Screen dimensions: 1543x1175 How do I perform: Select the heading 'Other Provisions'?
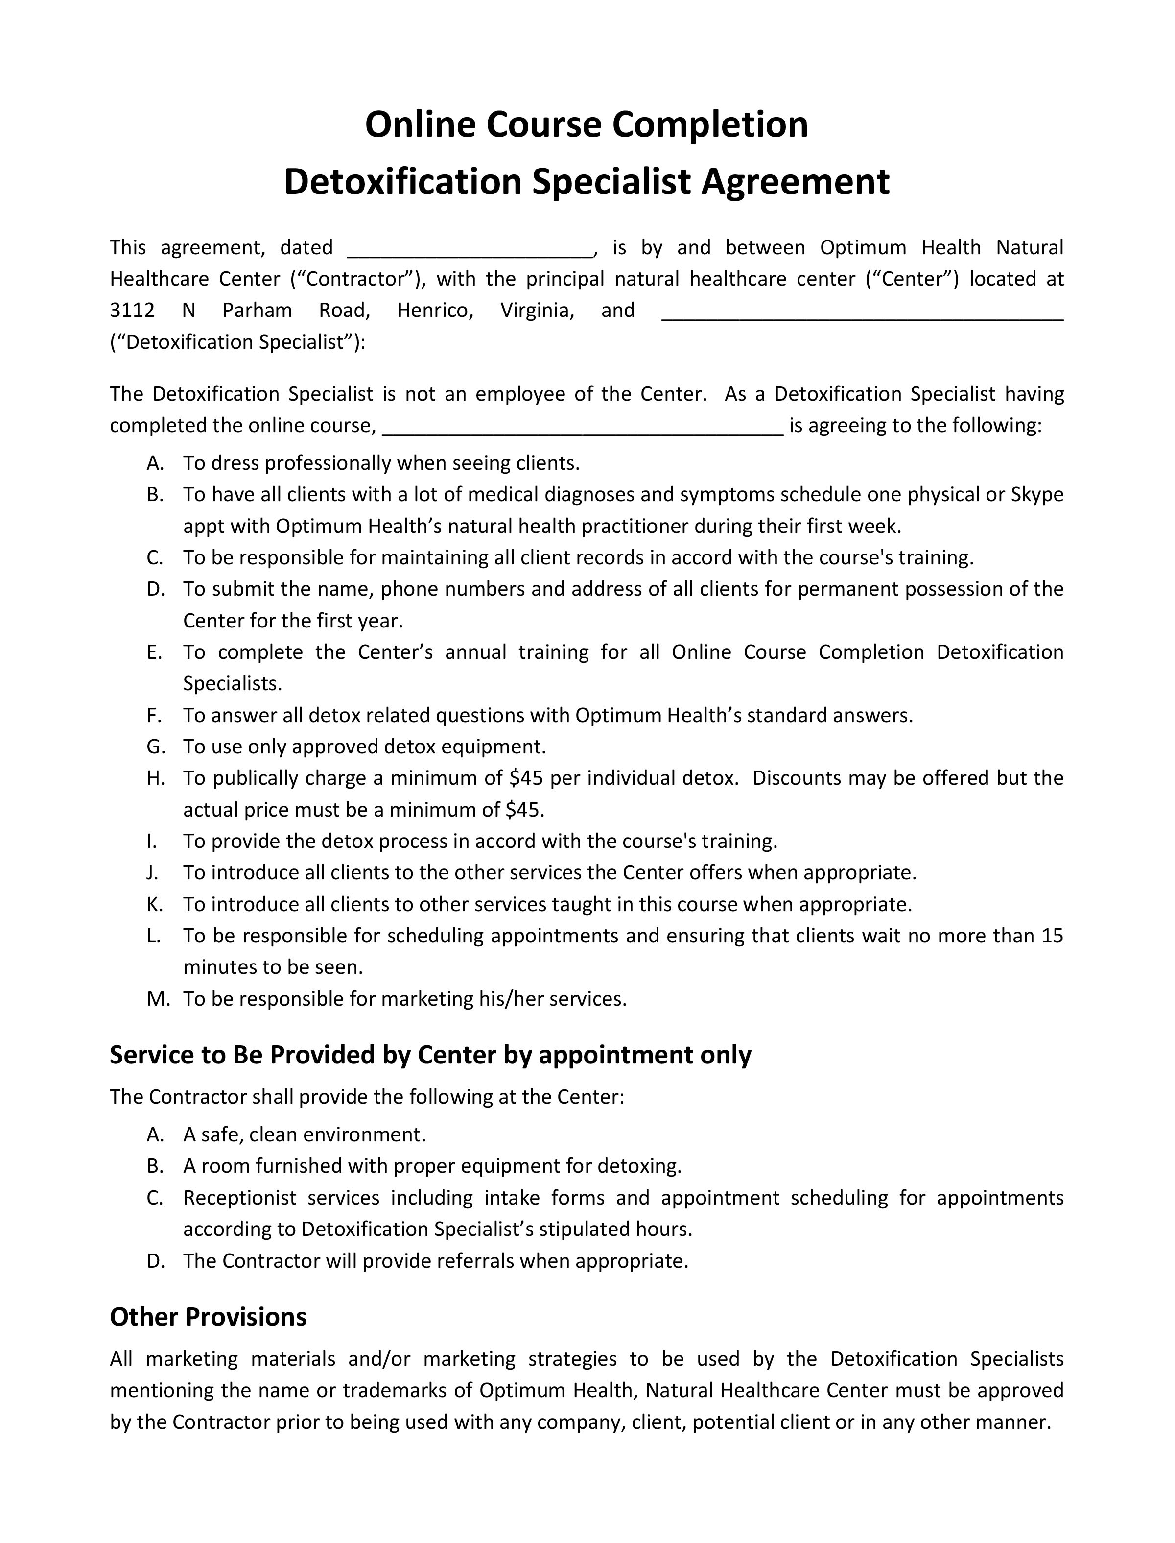pos(208,1317)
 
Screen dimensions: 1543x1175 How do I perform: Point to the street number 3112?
pos(132,310)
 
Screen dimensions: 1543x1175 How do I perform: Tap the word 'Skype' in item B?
pos(1037,495)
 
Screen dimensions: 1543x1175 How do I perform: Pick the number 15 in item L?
pos(1052,936)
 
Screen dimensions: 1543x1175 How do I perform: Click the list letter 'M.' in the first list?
pos(159,999)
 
